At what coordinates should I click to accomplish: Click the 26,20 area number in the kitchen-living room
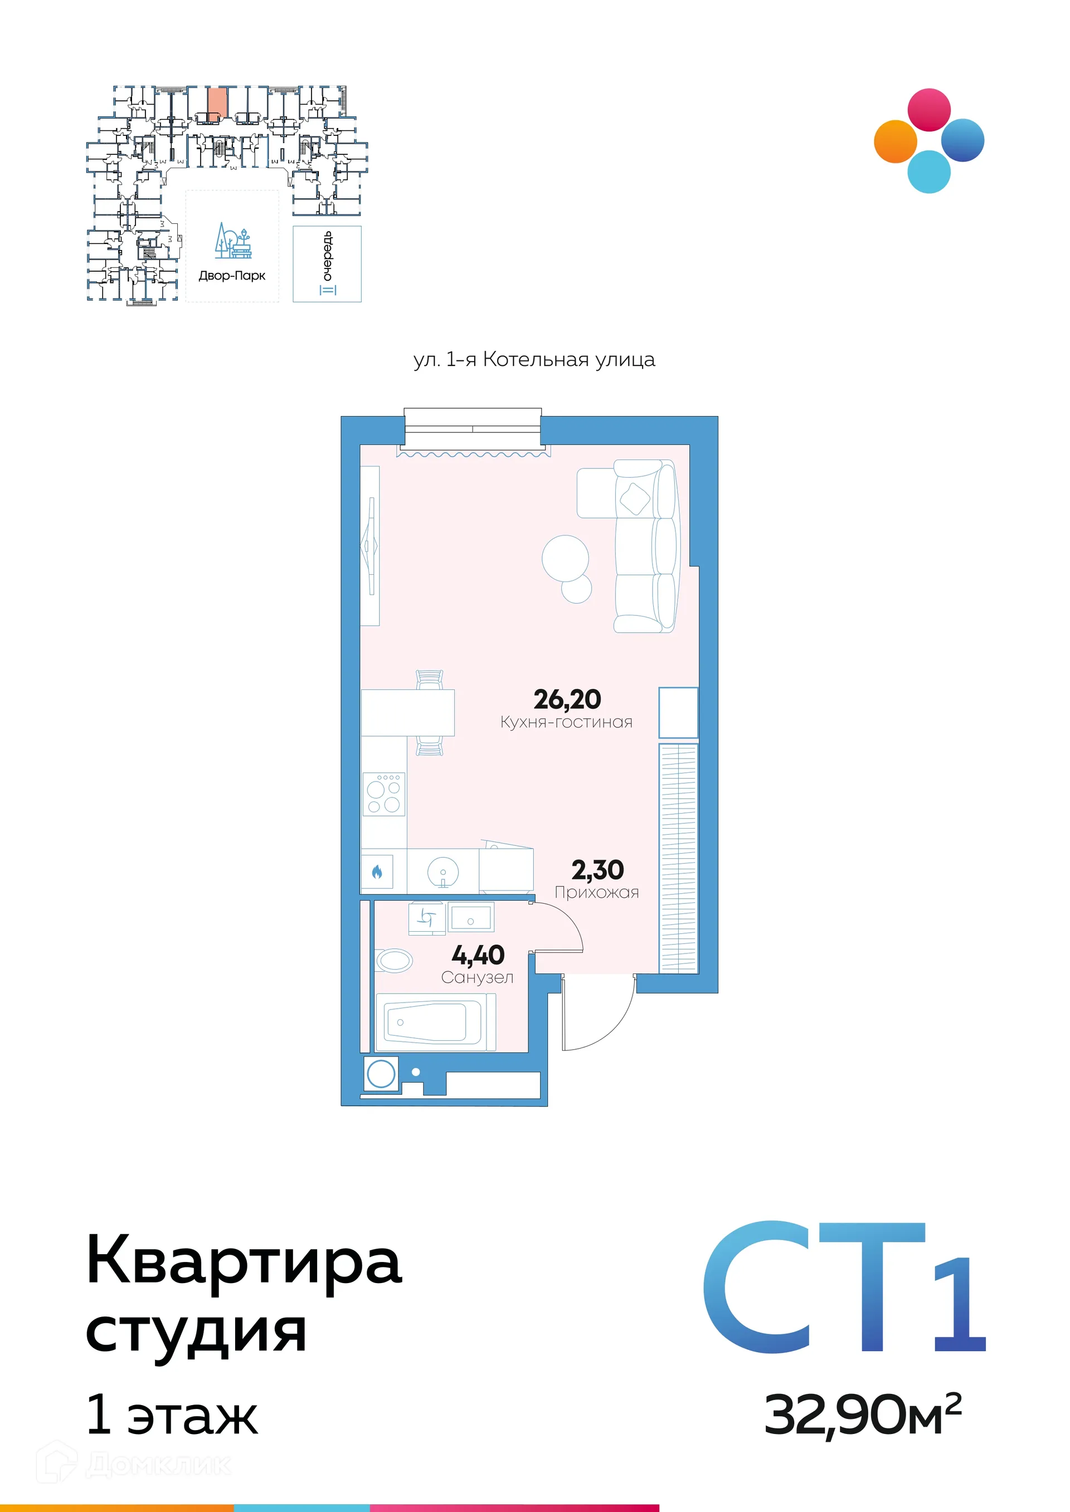[567, 699]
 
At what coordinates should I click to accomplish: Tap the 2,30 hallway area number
[597, 870]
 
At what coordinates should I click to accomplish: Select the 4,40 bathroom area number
[478, 955]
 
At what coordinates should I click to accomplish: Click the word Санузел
[477, 977]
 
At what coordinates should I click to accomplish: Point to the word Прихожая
[596, 892]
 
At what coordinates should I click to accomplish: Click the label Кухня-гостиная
[566, 722]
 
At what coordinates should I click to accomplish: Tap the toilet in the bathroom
[394, 960]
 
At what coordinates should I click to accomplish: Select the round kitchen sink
[442, 872]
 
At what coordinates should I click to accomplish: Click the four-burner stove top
[383, 794]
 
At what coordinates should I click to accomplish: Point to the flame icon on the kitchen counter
[377, 872]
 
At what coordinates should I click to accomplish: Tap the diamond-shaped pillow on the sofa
[635, 498]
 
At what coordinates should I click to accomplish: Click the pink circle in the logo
[929, 109]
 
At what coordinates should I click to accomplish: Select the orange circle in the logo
[895, 141]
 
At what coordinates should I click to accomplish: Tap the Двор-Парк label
[232, 276]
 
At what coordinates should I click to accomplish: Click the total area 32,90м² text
[862, 1415]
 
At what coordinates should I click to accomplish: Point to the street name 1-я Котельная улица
[534, 360]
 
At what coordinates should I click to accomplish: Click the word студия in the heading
[196, 1333]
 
